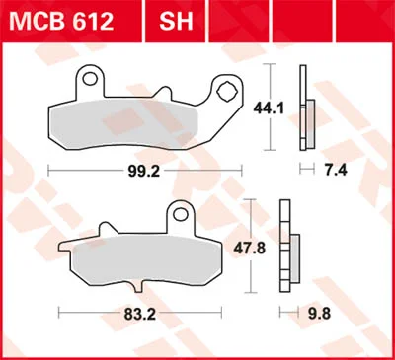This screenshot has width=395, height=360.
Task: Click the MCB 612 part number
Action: (61, 22)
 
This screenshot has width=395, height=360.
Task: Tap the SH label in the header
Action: (176, 22)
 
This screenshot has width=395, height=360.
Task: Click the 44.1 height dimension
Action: (269, 108)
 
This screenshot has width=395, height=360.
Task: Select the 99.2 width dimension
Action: (144, 171)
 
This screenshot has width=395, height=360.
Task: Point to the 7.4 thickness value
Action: (336, 170)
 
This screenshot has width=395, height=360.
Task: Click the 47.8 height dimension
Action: (249, 249)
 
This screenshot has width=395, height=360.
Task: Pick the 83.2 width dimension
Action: (140, 315)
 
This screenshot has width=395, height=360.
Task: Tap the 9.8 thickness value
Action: (319, 314)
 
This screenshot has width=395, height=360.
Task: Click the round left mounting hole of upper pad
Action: (89, 79)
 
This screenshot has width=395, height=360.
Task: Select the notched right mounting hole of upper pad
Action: (227, 91)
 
